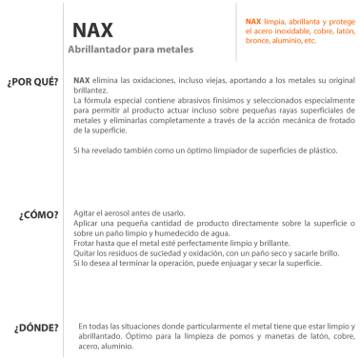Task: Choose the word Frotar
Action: pos(85,243)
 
